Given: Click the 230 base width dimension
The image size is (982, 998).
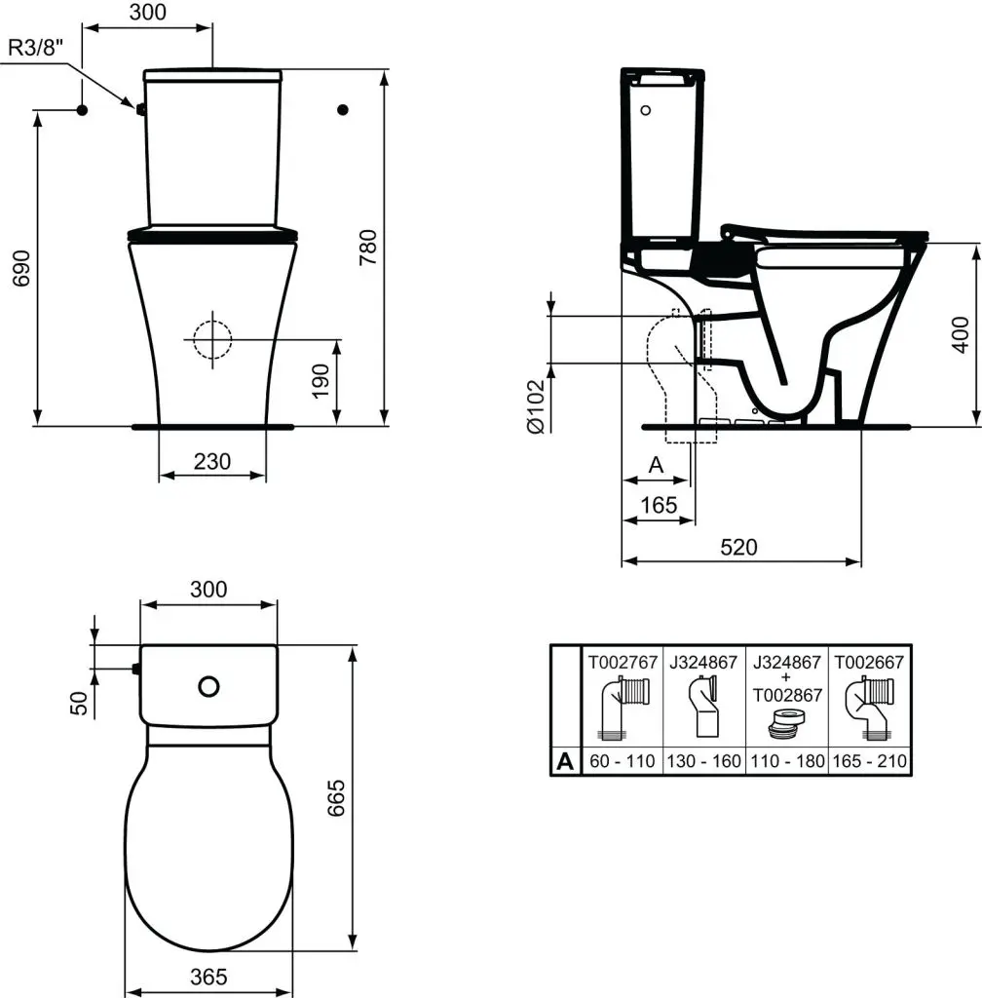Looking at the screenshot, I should click(211, 461).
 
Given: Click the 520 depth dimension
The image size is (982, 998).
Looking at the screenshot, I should click(739, 547).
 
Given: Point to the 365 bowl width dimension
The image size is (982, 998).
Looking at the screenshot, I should click(208, 977).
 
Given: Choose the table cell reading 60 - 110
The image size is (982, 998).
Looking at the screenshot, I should click(622, 761).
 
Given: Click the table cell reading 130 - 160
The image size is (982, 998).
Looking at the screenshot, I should click(703, 761).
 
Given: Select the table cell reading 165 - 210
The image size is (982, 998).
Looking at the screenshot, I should click(870, 761).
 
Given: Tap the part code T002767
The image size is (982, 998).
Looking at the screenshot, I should click(622, 662).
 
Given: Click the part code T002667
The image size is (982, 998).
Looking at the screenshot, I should click(870, 662).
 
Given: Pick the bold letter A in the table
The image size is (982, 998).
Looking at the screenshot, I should click(564, 761).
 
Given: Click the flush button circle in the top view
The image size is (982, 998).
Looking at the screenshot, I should click(208, 686).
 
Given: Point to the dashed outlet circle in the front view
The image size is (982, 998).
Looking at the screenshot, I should click(211, 339).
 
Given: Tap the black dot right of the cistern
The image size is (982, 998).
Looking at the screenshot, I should click(342, 109).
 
